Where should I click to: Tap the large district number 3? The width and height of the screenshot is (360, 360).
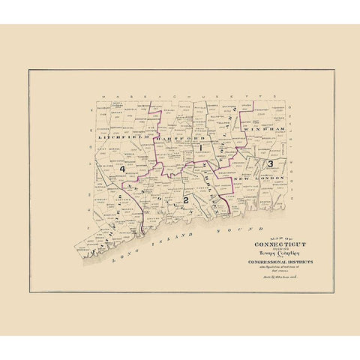click(x=269, y=162)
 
